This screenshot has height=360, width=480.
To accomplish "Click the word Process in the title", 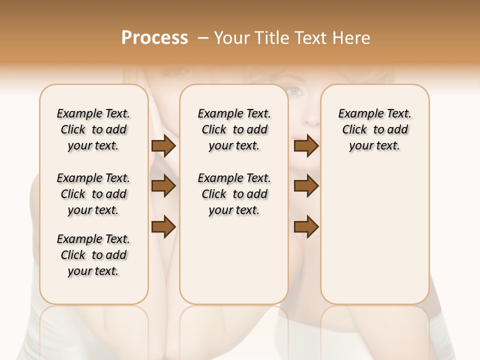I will pyautogui.click(x=154, y=38).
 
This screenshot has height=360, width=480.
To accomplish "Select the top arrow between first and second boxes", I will pyautogui.click(x=163, y=146).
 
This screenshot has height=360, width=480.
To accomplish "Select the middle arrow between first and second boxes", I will pyautogui.click(x=163, y=186).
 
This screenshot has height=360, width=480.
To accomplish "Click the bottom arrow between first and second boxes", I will pyautogui.click(x=163, y=227).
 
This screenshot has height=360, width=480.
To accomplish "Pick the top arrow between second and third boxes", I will pyautogui.click(x=306, y=146).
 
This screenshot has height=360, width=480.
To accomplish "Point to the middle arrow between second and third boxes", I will pyautogui.click(x=306, y=186).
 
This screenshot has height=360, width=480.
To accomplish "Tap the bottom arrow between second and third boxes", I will pyautogui.click(x=306, y=227).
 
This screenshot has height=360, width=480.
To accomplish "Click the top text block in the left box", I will pyautogui.click(x=93, y=129).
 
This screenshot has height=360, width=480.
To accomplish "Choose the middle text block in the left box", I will pyautogui.click(x=93, y=194).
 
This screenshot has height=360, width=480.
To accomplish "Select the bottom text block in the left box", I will pyautogui.click(x=93, y=255).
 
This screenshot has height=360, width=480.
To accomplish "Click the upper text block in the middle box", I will pyautogui.click(x=234, y=129).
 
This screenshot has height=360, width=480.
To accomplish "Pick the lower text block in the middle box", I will pyautogui.click(x=234, y=194).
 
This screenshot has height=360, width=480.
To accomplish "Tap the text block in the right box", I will pyautogui.click(x=374, y=129).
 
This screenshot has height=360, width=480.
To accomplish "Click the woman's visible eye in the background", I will pyautogui.click(x=295, y=91).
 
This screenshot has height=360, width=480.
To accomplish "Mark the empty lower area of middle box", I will pyautogui.click(x=234, y=260).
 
